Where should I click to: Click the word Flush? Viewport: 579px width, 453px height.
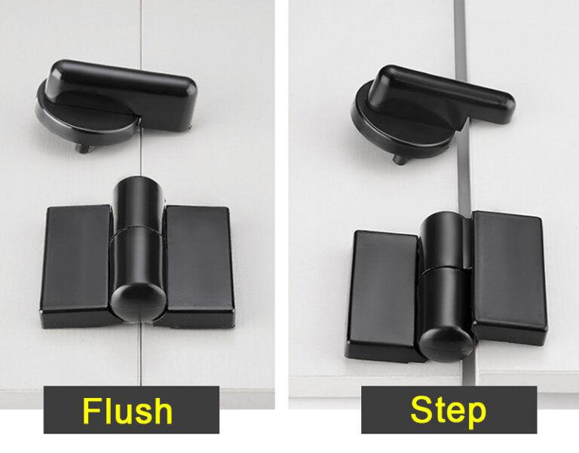(127, 412)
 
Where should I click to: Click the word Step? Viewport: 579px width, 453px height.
(448, 412)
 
